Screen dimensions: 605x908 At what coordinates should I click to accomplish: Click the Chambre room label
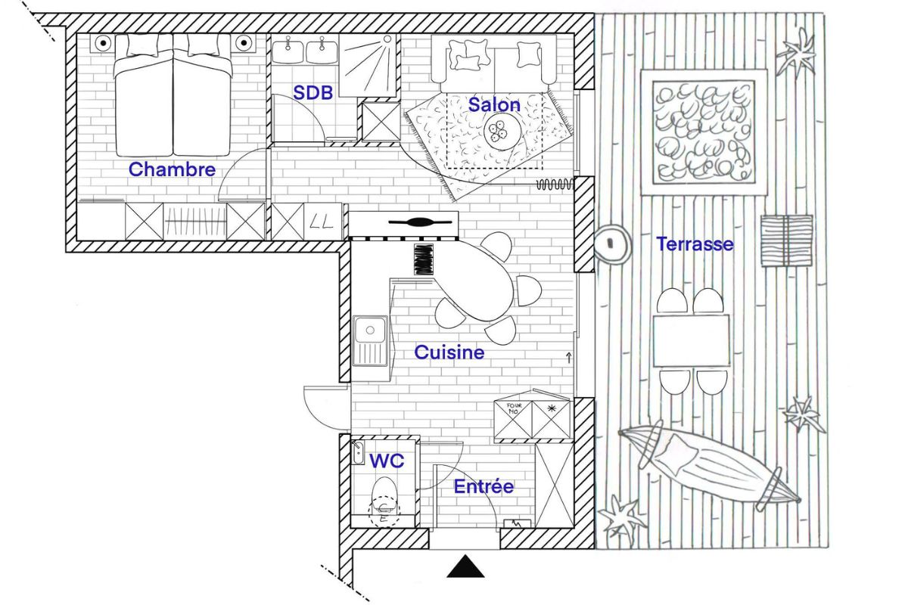point(172,169)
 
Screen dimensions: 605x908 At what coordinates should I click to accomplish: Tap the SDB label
point(313,93)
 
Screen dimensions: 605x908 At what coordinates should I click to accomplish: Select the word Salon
point(494,104)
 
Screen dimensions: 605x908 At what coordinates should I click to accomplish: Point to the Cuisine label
point(449,352)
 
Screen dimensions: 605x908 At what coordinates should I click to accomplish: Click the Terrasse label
point(695,244)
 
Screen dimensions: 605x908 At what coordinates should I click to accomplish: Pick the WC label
point(387,461)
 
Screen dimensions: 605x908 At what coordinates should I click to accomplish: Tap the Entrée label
point(484,487)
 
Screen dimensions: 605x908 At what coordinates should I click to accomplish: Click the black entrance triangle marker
point(465,567)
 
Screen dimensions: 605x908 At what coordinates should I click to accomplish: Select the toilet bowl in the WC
point(385,496)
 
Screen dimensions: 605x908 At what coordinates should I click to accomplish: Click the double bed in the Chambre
point(173,98)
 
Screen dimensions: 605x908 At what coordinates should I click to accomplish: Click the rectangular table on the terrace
point(691,340)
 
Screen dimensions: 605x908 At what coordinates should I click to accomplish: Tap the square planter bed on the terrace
point(704,132)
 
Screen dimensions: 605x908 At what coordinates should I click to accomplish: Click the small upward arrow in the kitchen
point(568,357)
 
